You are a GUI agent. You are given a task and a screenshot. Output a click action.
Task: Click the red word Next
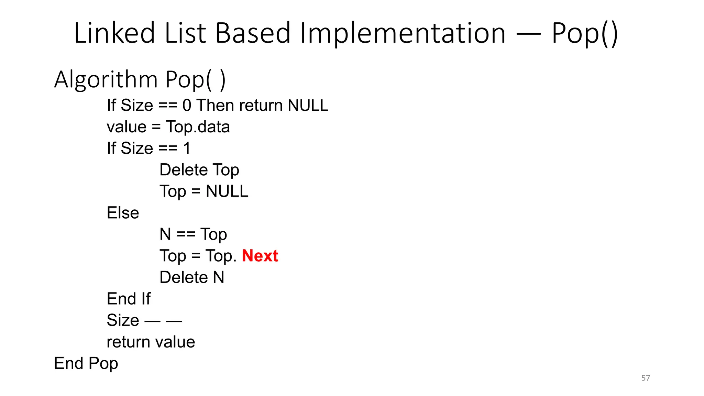pyautogui.click(x=260, y=256)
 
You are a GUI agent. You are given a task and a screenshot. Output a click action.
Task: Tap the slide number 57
pyautogui.click(x=646, y=378)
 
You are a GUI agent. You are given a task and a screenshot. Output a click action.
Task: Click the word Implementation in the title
pyautogui.click(x=403, y=33)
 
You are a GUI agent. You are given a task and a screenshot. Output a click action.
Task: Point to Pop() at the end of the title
pyautogui.click(x=584, y=33)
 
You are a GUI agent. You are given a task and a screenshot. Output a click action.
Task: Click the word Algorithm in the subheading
pyautogui.click(x=106, y=80)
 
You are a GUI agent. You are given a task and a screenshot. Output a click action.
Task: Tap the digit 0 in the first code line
pyautogui.click(x=187, y=105)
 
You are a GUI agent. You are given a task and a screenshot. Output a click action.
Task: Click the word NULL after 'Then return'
pyautogui.click(x=308, y=105)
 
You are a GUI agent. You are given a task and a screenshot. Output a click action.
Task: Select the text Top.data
pyautogui.click(x=198, y=127)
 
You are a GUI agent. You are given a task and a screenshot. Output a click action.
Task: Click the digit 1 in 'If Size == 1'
pyautogui.click(x=187, y=148)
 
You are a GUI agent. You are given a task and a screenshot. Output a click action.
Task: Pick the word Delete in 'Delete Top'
pyautogui.click(x=184, y=170)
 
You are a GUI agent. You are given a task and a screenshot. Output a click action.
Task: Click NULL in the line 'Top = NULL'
pyautogui.click(x=227, y=191)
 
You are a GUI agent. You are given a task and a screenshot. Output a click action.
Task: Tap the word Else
pyautogui.click(x=123, y=213)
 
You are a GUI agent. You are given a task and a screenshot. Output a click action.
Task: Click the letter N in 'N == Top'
pyautogui.click(x=165, y=234)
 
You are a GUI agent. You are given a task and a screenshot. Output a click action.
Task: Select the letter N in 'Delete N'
pyautogui.click(x=219, y=277)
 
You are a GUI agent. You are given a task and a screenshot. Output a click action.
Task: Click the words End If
pyautogui.click(x=129, y=299)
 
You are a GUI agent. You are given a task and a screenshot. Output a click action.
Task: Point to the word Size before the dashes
pyautogui.click(x=123, y=320)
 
